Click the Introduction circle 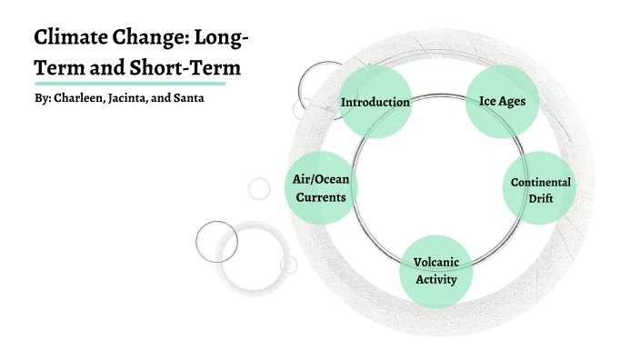pyautogui.click(x=375, y=102)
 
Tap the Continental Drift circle pyautogui.click(x=540, y=188)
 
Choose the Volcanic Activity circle pyautogui.click(x=436, y=270)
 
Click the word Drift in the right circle pyautogui.click(x=540, y=197)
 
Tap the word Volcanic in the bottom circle pyautogui.click(x=436, y=263)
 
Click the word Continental pyautogui.click(x=540, y=182)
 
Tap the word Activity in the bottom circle pyautogui.click(x=436, y=279)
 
